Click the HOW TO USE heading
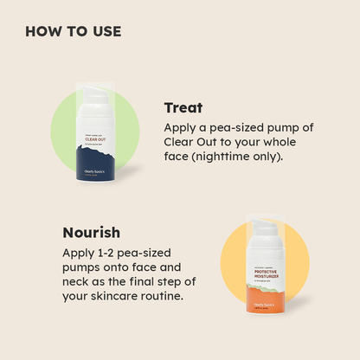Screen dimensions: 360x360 [x=74, y=32]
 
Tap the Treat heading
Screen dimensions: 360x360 [x=183, y=108]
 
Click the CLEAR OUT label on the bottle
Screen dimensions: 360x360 [x=96, y=137]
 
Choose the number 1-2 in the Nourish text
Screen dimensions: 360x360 [x=106, y=253]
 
